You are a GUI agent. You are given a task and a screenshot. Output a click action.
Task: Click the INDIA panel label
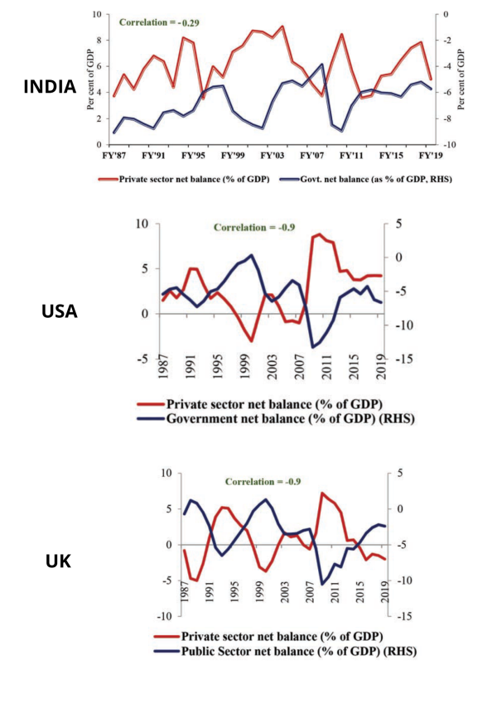click(x=50, y=86)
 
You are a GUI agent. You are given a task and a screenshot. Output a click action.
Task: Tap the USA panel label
click(x=59, y=311)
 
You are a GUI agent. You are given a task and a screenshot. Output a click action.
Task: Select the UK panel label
click(x=58, y=561)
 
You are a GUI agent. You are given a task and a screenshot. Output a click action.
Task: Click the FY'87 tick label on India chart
click(x=113, y=156)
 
